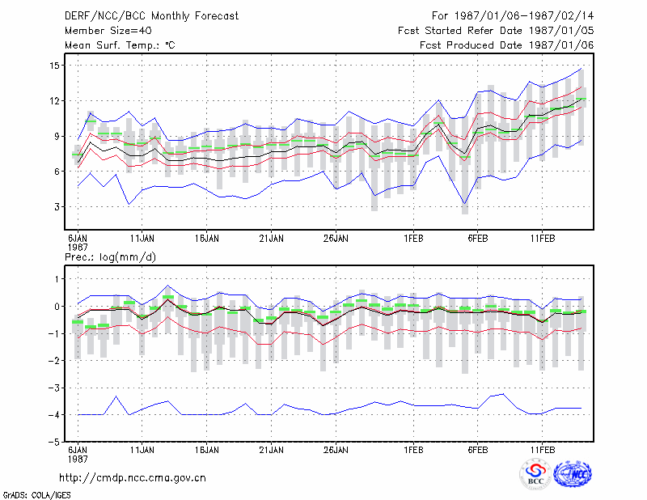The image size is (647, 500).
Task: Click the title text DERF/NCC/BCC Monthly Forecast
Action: (151, 16)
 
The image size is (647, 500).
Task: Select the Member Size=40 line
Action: (108, 31)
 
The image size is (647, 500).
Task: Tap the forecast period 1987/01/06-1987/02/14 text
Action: (513, 16)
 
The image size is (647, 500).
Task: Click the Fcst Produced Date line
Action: (507, 45)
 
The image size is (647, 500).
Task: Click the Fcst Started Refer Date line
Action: (496, 31)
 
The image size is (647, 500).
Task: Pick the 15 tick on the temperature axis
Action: (55, 66)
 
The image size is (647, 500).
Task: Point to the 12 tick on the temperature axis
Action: (55, 101)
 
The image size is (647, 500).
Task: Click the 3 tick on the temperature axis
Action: (57, 207)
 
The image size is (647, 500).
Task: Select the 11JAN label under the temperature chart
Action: (142, 239)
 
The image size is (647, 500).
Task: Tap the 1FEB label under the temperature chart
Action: (413, 239)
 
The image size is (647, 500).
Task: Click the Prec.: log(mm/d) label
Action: (110, 257)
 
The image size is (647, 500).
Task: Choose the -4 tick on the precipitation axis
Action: (54, 414)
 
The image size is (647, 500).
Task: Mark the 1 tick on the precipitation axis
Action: (57, 279)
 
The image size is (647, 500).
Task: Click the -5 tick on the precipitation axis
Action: (54, 442)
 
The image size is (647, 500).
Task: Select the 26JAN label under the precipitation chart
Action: (336, 450)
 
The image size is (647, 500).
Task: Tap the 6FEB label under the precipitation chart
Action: (478, 450)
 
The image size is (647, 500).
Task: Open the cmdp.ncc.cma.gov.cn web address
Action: (133, 478)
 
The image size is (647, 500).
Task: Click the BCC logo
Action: (535, 474)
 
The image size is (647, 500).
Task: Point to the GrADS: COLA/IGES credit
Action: (36, 495)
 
